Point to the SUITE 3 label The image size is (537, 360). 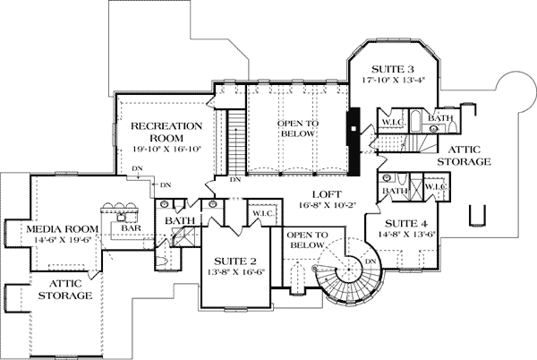click(x=391, y=68)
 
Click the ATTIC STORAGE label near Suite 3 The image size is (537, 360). click(x=465, y=156)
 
